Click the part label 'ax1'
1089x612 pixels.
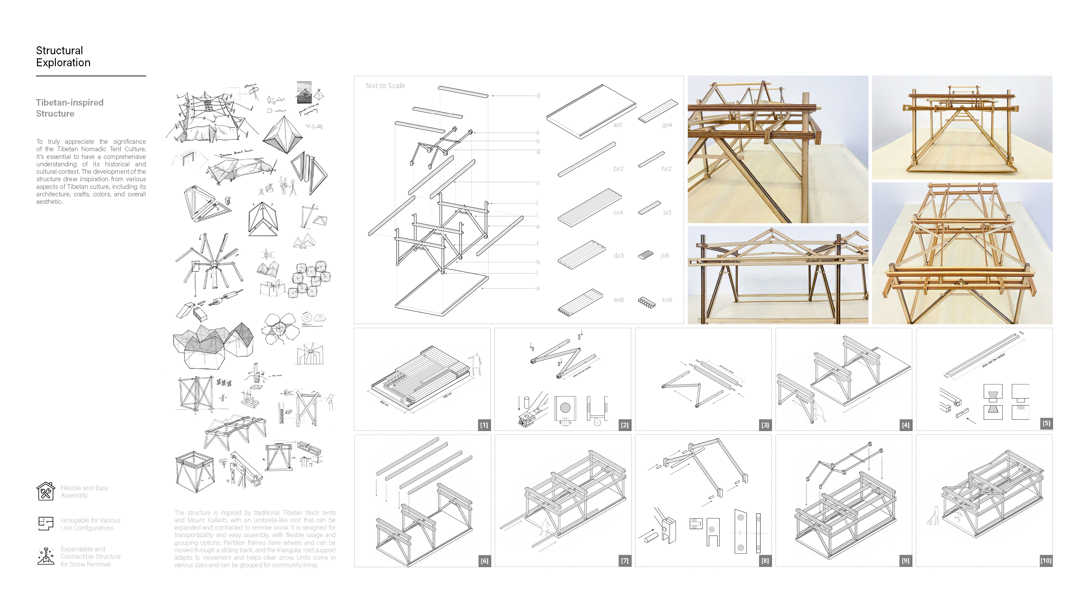point(618,125)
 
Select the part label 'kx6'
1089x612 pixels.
point(667,300)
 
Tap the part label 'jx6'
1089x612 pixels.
point(664,256)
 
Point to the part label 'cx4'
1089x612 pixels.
point(618,213)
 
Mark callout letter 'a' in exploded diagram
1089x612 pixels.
point(538,288)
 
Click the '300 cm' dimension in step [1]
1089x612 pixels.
point(384,403)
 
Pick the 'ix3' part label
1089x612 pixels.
point(667,213)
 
